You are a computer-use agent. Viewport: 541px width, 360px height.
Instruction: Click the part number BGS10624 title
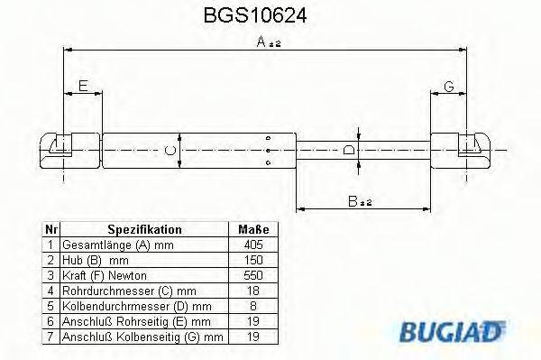(262, 16)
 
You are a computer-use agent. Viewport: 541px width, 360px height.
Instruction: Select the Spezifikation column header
(145, 230)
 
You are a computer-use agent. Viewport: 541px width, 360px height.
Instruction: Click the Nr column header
(51, 230)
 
